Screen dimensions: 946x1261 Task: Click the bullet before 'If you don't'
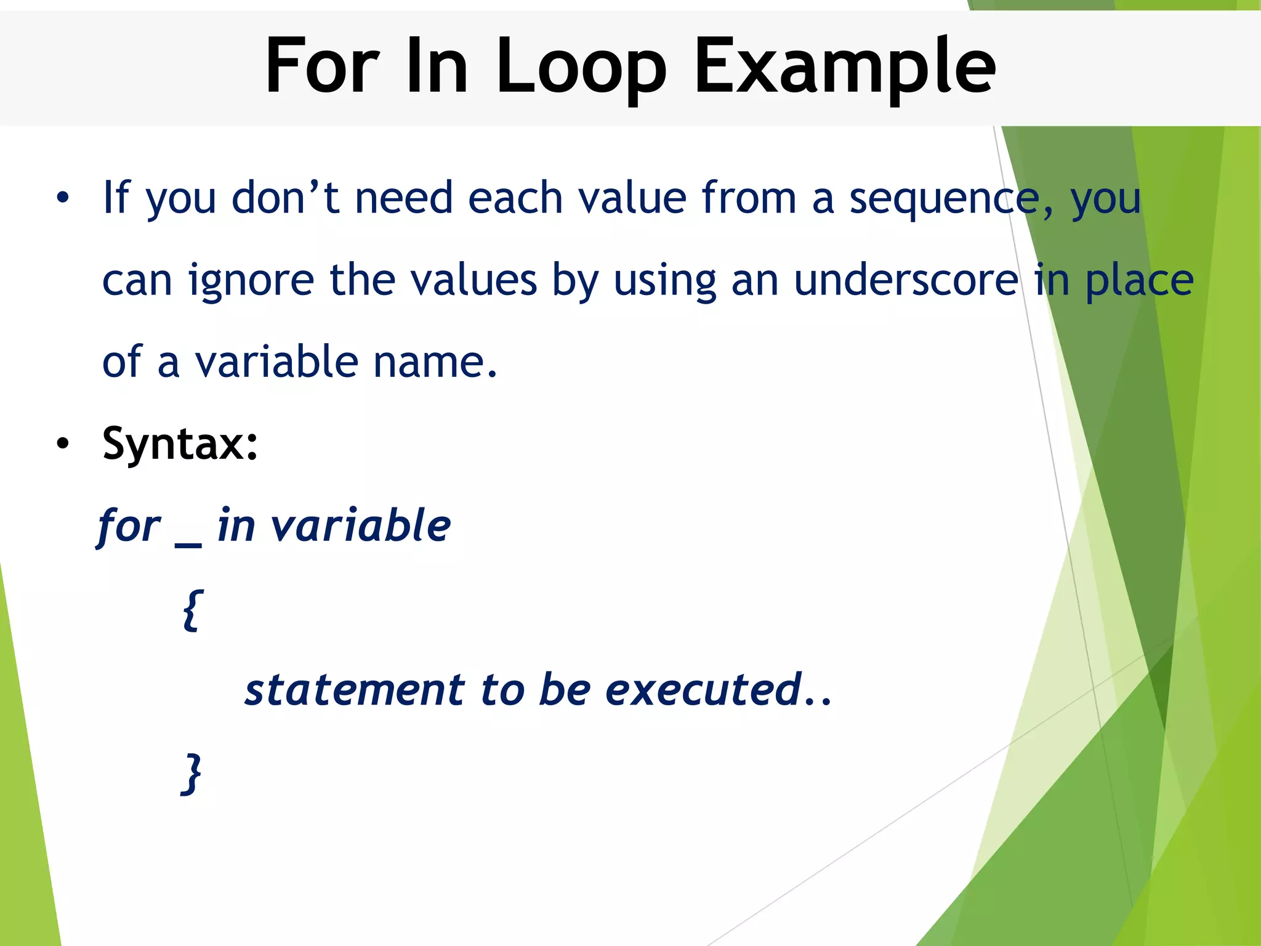(x=62, y=198)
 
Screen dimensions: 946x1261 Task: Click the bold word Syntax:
(x=180, y=443)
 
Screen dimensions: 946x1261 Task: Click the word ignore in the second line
(x=251, y=280)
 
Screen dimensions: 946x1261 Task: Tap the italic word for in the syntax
(x=129, y=527)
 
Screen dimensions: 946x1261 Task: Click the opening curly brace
(x=192, y=610)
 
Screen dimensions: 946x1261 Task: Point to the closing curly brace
(x=192, y=774)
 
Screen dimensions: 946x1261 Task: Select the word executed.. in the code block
(x=718, y=690)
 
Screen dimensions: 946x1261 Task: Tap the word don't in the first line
(x=285, y=198)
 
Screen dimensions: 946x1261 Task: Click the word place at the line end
(x=1139, y=280)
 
